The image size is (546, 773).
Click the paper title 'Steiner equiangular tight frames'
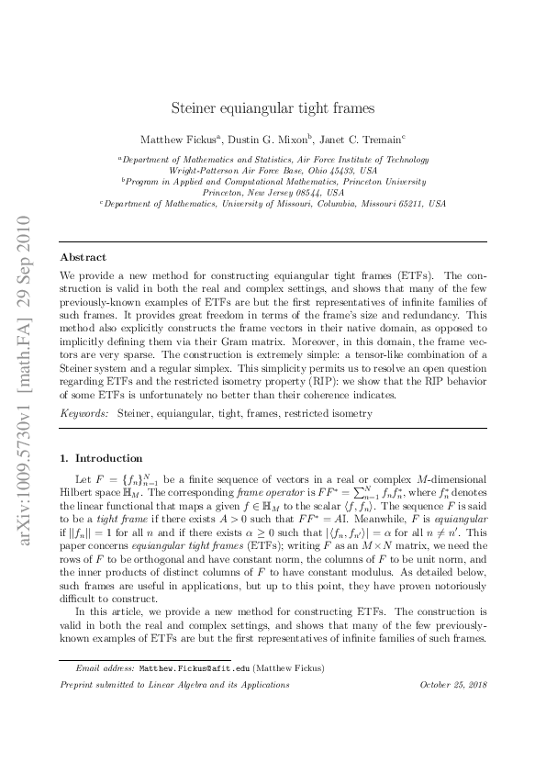pos(273,107)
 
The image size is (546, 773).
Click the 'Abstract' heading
pos(83,257)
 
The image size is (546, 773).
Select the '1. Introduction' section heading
pos(101,457)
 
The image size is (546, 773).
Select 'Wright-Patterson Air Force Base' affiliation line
pos(273,170)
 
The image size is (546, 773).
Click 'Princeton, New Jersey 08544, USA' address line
pos(273,193)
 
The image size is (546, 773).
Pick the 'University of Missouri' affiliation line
pos(273,204)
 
